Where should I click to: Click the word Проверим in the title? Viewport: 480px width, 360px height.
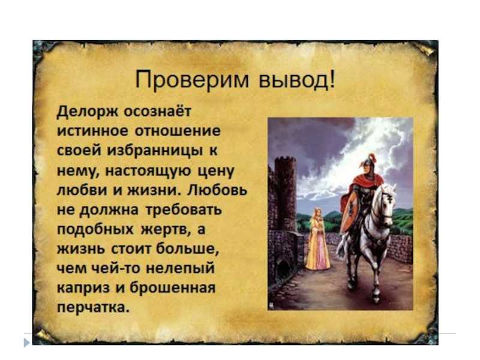pos(192,80)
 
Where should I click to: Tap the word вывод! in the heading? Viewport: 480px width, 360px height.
pos(298,80)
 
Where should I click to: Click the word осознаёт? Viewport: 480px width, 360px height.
pos(157,111)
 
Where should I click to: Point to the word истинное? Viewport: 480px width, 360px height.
pos(93,131)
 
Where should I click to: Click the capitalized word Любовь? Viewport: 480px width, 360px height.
pos(217,190)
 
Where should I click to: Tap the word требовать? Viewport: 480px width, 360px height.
pos(184,210)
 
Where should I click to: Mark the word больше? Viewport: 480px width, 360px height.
pos(188,249)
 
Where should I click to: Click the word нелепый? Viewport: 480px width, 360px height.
pos(180,269)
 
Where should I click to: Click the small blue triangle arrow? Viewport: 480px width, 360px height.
pos(27,342)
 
